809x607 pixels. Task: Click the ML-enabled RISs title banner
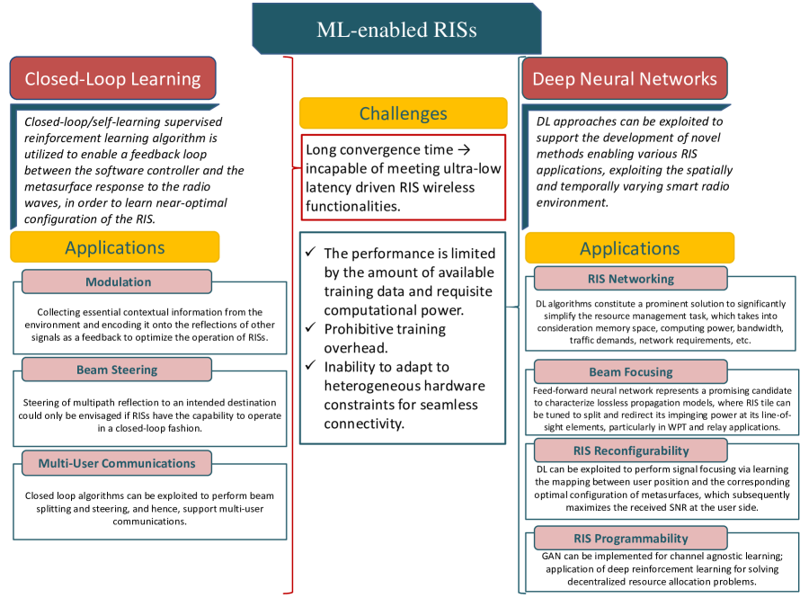pyautogui.click(x=396, y=30)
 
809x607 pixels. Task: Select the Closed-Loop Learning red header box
pyautogui.click(x=112, y=78)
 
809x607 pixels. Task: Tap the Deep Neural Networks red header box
pyautogui.click(x=625, y=78)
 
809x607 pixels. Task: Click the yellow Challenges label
pyautogui.click(x=403, y=113)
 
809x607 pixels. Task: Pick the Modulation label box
pyautogui.click(x=118, y=281)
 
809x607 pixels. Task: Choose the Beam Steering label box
pyautogui.click(x=117, y=369)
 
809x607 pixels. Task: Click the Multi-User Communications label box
pyautogui.click(x=117, y=463)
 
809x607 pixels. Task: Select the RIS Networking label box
pyautogui.click(x=630, y=278)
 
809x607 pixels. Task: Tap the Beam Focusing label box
pyautogui.click(x=630, y=371)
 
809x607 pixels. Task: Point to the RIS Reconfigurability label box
pyautogui.click(x=630, y=451)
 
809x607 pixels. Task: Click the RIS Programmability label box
pyautogui.click(x=630, y=538)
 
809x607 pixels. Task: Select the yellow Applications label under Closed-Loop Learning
pyautogui.click(x=115, y=247)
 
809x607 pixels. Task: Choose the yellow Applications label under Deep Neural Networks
pyautogui.click(x=629, y=248)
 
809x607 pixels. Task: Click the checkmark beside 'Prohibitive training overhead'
pyautogui.click(x=311, y=329)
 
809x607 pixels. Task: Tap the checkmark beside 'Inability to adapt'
pyautogui.click(x=311, y=367)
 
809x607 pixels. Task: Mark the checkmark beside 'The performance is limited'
pyautogui.click(x=311, y=254)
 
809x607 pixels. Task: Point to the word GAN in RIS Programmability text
pyautogui.click(x=552, y=556)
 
